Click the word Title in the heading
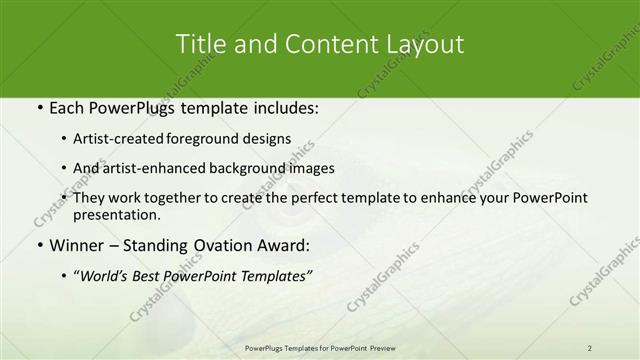click(200, 44)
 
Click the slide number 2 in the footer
click(590, 347)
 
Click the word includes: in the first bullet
click(282, 106)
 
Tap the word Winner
click(74, 245)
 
